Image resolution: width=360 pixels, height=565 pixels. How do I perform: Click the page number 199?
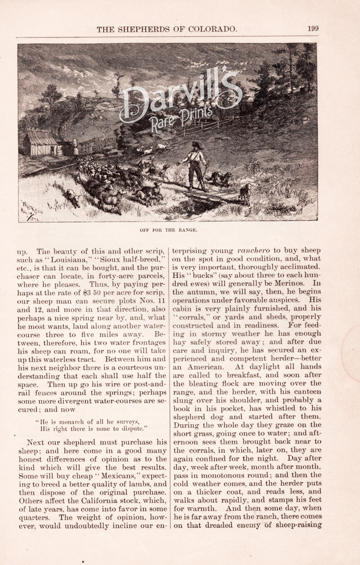[x=313, y=29]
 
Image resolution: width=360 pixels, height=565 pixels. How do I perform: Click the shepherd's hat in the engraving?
[x=195, y=144]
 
